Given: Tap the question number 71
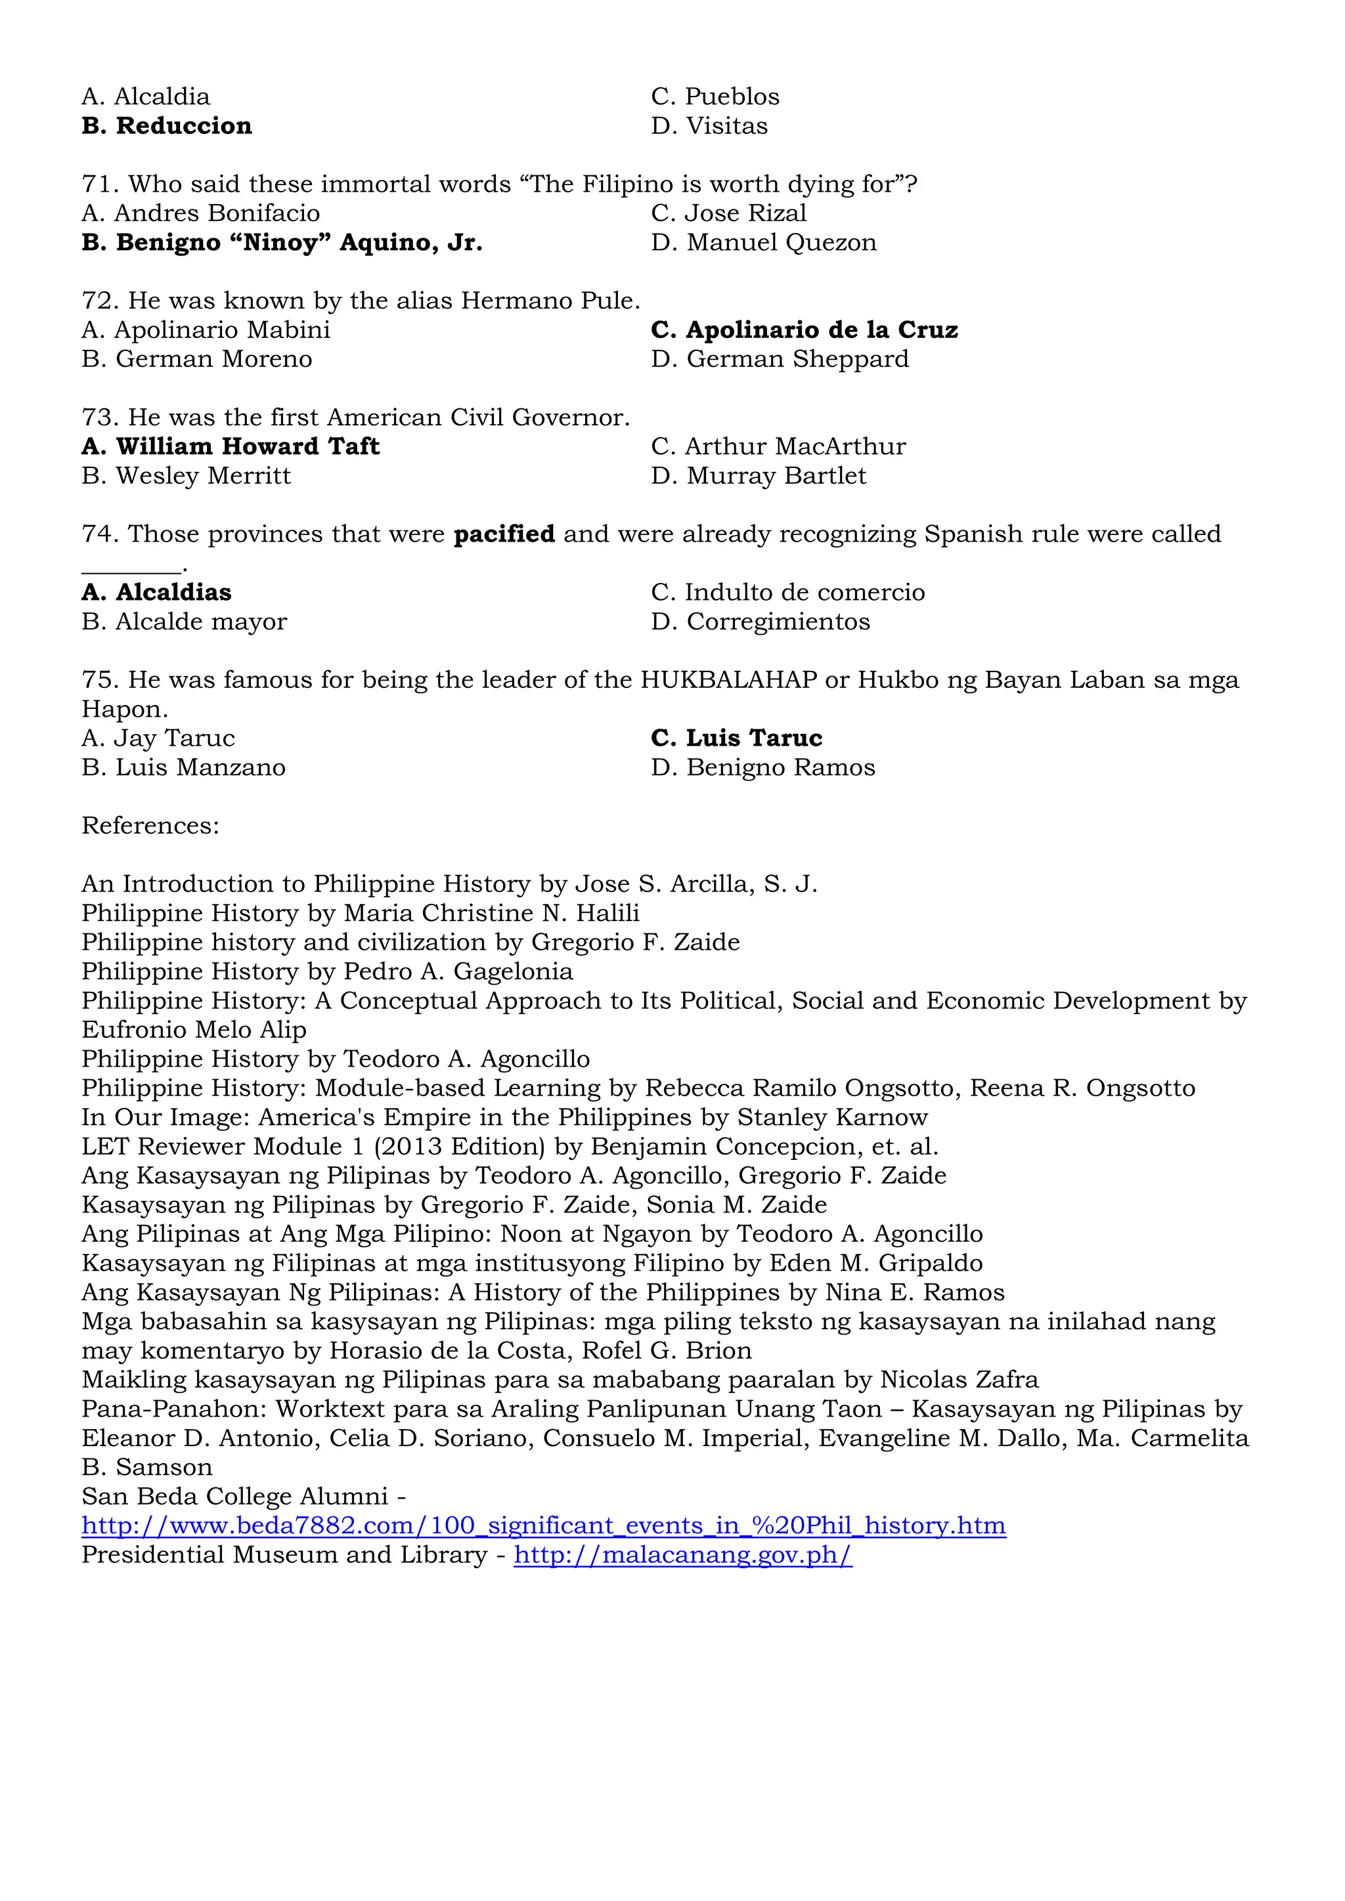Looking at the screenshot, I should click(99, 184).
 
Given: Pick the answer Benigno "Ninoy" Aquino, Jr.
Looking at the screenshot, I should click(282, 243).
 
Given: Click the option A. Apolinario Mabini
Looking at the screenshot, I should click(206, 330).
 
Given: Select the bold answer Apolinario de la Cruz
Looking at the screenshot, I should click(805, 330).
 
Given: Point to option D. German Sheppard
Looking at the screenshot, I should click(780, 358).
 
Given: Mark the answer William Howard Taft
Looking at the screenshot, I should click(231, 446).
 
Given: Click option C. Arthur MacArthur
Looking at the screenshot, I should click(778, 446).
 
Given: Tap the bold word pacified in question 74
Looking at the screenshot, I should click(504, 534).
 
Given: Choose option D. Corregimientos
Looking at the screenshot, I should click(761, 621).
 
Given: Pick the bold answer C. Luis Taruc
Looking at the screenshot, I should click(736, 738).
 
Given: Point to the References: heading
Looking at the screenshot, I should click(150, 826).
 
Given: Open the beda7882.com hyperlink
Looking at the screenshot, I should click(543, 1525).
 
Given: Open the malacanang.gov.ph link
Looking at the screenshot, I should click(682, 1554).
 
